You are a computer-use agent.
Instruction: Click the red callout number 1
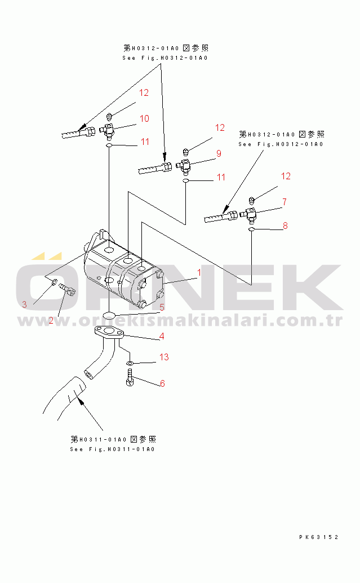pyautogui.click(x=198, y=273)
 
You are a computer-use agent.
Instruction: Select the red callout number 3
pyautogui.click(x=24, y=304)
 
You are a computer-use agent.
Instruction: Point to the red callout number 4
pyautogui.click(x=161, y=337)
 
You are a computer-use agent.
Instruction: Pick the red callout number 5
pyautogui.click(x=162, y=307)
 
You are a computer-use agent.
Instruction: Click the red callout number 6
pyautogui.click(x=162, y=383)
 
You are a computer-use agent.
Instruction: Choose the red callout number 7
pyautogui.click(x=285, y=201)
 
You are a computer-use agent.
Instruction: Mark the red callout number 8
pyautogui.click(x=285, y=226)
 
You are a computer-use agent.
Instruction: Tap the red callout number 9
pyautogui.click(x=218, y=153)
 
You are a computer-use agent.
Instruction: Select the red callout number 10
pyautogui.click(x=144, y=118)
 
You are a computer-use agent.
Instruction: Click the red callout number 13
pyautogui.click(x=164, y=357)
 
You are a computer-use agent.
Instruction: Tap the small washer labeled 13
pyautogui.click(x=130, y=363)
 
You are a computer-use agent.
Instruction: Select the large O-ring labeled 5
pyautogui.click(x=111, y=313)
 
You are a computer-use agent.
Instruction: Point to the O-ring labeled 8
pyautogui.click(x=251, y=230)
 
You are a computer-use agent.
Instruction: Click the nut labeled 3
pyautogui.click(x=54, y=281)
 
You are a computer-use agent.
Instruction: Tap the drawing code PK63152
pyautogui.click(x=318, y=537)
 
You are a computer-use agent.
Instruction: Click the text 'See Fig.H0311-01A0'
pyautogui.click(x=112, y=449)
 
